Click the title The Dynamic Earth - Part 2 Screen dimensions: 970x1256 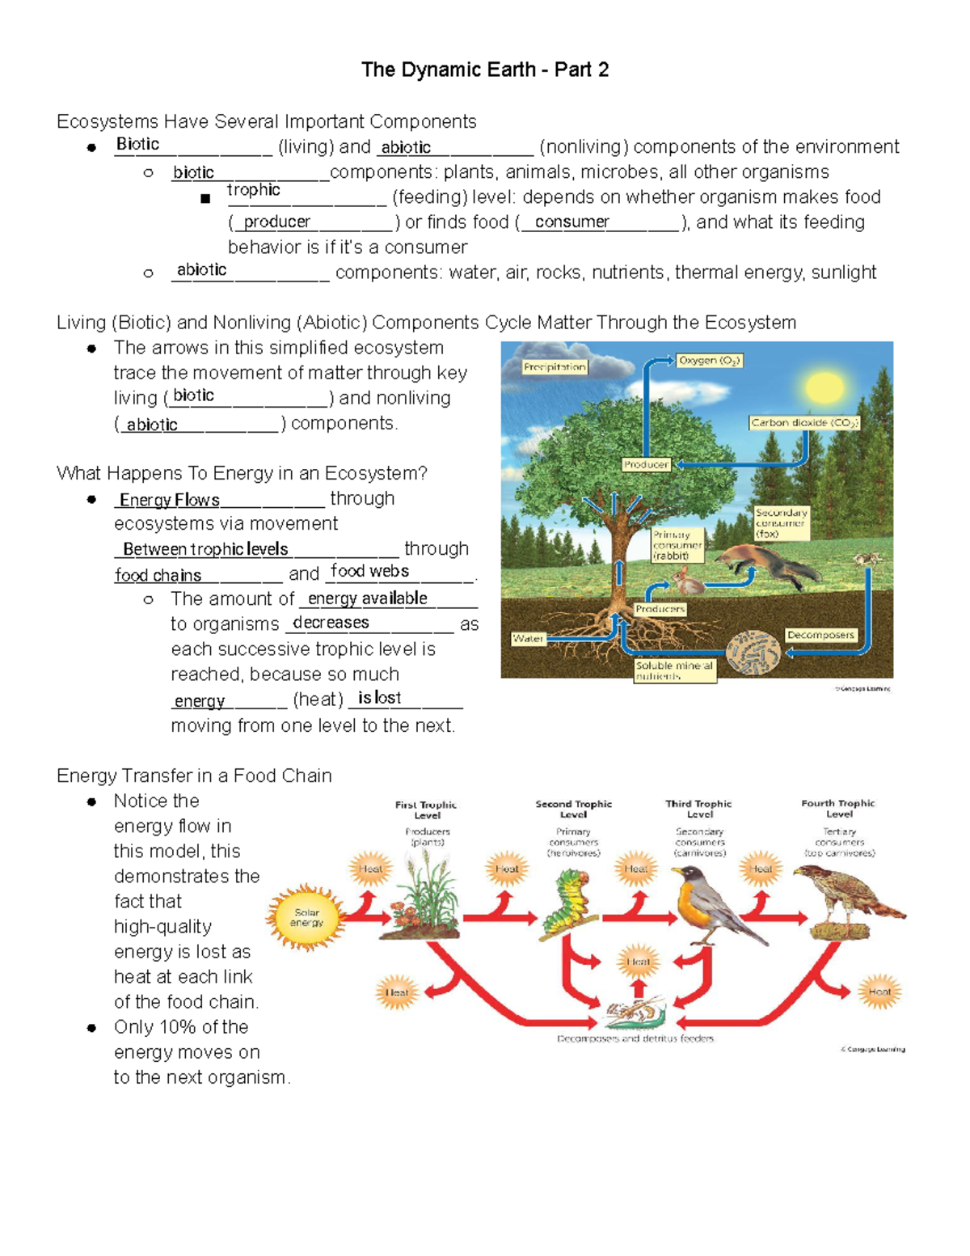pyautogui.click(x=485, y=70)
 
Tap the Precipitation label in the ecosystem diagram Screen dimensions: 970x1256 pyautogui.click(x=555, y=367)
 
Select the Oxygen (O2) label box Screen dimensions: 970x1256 pyautogui.click(x=709, y=361)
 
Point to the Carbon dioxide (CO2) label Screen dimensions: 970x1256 pyautogui.click(x=804, y=422)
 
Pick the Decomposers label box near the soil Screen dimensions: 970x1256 pyautogui.click(x=820, y=635)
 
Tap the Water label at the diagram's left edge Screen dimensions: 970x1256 pyautogui.click(x=528, y=639)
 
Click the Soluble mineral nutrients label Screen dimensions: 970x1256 pyautogui.click(x=675, y=670)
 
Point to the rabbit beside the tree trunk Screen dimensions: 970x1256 pyautogui.click(x=687, y=577)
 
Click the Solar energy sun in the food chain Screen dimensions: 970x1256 pyautogui.click(x=306, y=917)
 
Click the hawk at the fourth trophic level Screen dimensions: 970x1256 pyautogui.click(x=841, y=898)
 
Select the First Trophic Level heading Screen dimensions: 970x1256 pyautogui.click(x=426, y=810)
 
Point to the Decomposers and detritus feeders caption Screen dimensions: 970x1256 pyautogui.click(x=635, y=1038)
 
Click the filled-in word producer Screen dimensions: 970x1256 pyautogui.click(x=276, y=222)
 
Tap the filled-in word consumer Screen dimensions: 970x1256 pyautogui.click(x=572, y=222)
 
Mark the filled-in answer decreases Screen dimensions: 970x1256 pyautogui.click(x=331, y=622)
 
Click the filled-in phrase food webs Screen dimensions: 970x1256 pyautogui.click(x=370, y=571)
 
